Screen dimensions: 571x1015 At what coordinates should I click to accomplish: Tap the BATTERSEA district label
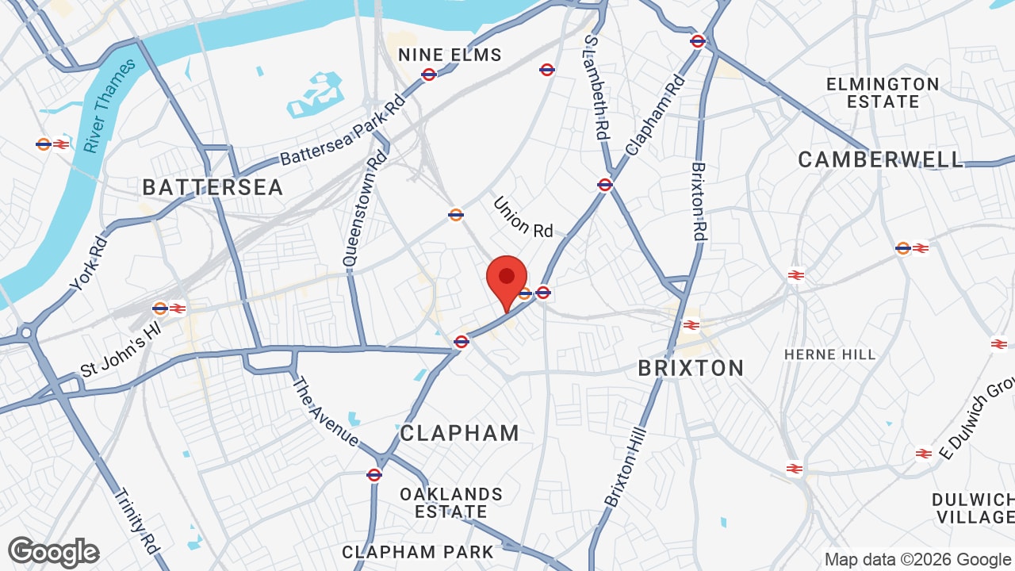(213, 187)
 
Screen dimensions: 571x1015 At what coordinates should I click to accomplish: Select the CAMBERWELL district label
(880, 159)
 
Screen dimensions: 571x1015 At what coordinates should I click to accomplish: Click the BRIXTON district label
(691, 368)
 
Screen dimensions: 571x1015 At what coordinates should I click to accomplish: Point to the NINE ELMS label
(450, 55)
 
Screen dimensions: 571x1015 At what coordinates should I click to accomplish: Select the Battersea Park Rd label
(343, 130)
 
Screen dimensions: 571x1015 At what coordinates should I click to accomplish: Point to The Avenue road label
(326, 411)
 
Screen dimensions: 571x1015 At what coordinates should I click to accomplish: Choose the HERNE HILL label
(830, 354)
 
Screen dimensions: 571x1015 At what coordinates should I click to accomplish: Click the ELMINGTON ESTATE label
(883, 93)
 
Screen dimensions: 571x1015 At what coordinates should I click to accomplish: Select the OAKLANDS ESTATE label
(451, 503)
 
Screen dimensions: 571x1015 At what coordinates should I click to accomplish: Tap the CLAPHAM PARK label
(418, 552)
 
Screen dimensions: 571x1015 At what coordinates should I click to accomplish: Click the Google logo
(54, 552)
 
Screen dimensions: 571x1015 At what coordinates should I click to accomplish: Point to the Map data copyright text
(918, 559)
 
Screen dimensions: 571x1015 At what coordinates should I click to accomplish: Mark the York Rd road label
(88, 263)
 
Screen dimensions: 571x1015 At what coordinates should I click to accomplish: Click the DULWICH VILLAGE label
(973, 508)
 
